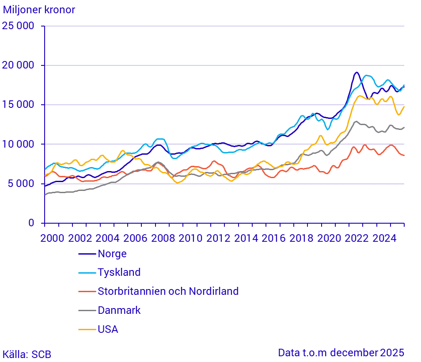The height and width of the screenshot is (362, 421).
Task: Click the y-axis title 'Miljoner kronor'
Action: [x=39, y=10]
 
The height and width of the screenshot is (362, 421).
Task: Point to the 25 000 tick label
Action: [x=18, y=26]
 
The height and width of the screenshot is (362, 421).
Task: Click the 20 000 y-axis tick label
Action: [x=18, y=65]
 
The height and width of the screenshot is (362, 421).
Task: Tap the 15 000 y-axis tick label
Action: [x=18, y=105]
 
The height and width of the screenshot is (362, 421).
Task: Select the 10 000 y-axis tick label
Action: [x=18, y=145]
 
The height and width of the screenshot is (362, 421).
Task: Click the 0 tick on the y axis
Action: [x=31, y=223]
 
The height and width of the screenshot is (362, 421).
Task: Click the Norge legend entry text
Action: [x=112, y=254]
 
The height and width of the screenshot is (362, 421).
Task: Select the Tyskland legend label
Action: [x=119, y=272]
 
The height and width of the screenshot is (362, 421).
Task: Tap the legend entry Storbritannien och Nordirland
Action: [x=168, y=291]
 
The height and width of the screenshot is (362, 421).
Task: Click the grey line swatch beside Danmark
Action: [x=87, y=311]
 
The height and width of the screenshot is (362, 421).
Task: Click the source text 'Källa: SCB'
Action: [x=27, y=354]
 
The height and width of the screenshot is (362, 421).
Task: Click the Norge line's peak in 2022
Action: [x=357, y=72]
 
